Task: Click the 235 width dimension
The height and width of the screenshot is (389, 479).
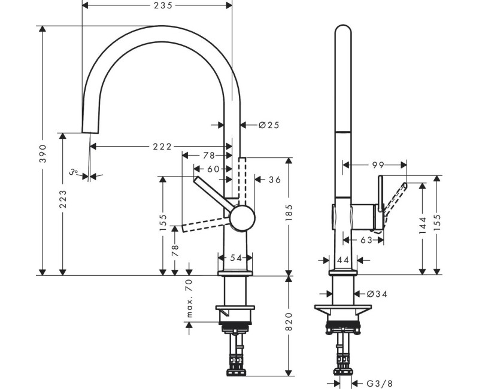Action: (163, 5)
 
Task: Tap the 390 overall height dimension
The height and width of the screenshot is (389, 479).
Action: (43, 153)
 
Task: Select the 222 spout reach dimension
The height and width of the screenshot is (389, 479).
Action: (162, 147)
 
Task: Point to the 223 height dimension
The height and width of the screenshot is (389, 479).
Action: (63, 199)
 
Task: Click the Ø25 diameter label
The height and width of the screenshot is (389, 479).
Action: (269, 125)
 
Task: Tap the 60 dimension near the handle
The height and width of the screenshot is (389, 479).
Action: (213, 169)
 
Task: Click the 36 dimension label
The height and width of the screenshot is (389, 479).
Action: (275, 180)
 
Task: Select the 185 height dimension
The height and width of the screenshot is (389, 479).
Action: (289, 212)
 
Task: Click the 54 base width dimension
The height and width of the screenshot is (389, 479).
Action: (235, 258)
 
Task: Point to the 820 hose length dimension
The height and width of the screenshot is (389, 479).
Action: (289, 322)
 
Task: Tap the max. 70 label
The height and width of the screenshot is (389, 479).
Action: (189, 298)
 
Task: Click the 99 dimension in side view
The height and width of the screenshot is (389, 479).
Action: (378, 165)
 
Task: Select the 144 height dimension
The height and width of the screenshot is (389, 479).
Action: (423, 226)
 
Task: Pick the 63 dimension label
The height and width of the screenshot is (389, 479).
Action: (366, 240)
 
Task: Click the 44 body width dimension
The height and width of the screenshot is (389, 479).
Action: (343, 260)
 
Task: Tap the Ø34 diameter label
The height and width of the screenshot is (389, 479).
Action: (377, 294)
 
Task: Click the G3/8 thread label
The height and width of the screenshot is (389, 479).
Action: (380, 383)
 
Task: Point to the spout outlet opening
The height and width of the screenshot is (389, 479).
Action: (90, 133)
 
